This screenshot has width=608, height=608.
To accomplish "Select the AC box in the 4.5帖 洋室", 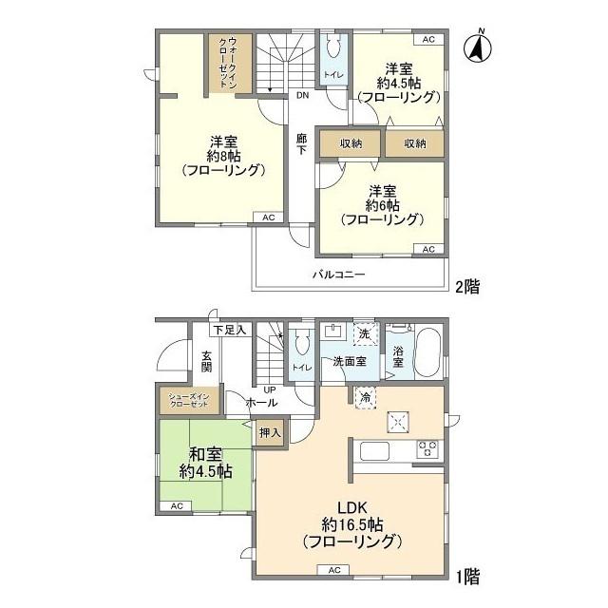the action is tap(428, 40).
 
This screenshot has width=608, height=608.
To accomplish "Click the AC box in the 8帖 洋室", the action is tap(268, 218).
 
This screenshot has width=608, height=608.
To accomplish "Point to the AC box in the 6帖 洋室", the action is tap(428, 249).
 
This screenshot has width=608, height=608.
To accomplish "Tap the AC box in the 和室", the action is tap(177, 506).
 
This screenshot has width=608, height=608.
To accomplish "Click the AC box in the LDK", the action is tap(333, 570).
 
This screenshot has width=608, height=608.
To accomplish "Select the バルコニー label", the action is tap(339, 275).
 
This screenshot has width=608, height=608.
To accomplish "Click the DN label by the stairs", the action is tap(303, 95).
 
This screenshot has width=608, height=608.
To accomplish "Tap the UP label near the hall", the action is tap(270, 389).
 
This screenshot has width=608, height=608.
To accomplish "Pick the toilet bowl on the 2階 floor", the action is tap(333, 47).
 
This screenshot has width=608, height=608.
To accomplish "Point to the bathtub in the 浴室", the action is tap(427, 353).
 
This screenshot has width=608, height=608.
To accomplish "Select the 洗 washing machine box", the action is tap(365, 333).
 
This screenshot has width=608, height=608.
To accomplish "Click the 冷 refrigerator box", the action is tap(365, 397).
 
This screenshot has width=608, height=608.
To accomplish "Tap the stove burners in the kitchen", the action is tap(427, 449).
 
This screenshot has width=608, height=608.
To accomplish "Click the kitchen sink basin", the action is tap(374, 450).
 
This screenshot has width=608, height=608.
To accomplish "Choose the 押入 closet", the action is tap(270, 432).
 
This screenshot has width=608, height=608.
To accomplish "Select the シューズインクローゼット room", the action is tap(189, 400).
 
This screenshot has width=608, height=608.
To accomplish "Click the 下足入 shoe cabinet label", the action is tap(230, 331).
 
